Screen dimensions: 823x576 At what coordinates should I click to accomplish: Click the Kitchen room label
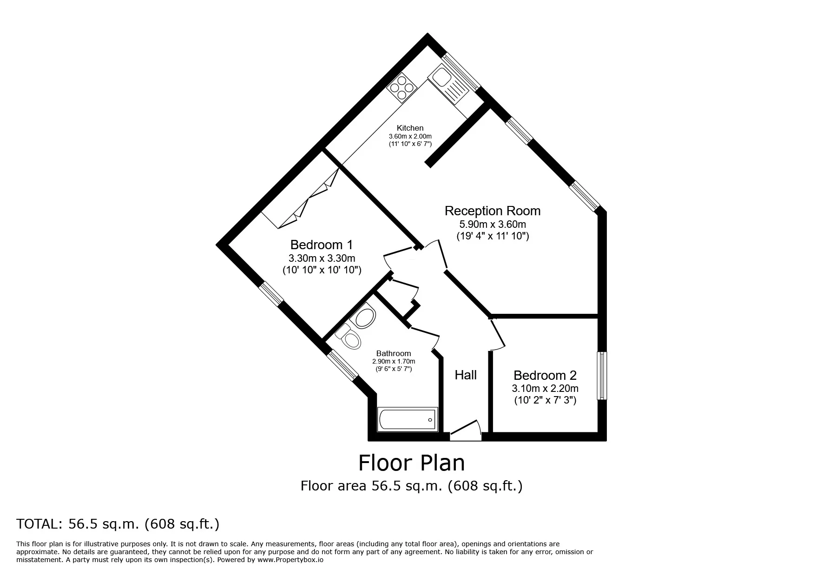click(410, 128)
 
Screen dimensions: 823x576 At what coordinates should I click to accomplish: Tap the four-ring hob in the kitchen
click(400, 87)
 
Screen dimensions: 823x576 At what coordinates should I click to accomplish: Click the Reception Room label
click(493, 211)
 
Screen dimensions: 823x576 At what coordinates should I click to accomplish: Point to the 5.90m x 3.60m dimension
click(493, 224)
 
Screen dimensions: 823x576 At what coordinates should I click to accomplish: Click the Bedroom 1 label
click(322, 245)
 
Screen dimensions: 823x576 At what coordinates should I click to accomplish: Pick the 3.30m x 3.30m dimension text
click(322, 258)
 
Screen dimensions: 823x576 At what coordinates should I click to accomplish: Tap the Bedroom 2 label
click(545, 375)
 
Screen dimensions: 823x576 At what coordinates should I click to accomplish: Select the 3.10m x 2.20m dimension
click(545, 388)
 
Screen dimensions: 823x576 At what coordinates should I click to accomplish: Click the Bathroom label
click(394, 353)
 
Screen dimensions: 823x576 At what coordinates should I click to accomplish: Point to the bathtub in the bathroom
click(408, 420)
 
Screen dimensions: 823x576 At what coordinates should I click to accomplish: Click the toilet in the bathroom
click(349, 337)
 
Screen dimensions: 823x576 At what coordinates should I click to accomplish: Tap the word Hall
click(466, 375)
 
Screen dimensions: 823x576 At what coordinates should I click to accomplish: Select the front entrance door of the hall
click(466, 431)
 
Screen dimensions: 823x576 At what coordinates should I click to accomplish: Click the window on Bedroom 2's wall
click(602, 376)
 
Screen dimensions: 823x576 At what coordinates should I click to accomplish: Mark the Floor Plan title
click(411, 463)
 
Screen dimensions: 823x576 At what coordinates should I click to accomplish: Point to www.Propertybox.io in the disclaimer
click(290, 560)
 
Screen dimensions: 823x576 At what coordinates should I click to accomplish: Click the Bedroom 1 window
click(271, 294)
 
